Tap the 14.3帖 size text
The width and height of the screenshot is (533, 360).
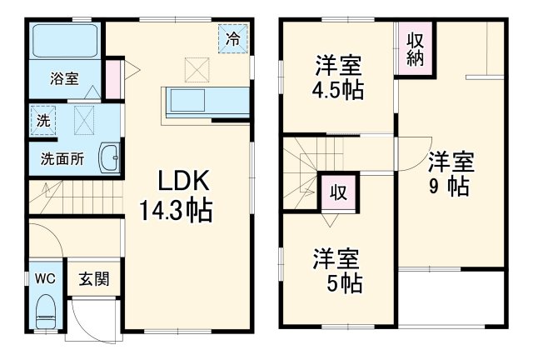(177, 209)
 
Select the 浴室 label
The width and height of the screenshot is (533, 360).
(63, 79)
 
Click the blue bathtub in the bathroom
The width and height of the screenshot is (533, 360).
(65, 42)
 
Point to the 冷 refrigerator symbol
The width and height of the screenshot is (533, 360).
(234, 38)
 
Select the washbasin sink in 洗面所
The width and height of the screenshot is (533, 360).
(110, 156)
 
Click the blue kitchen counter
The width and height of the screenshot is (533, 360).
(208, 102)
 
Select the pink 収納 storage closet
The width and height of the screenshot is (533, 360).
(416, 50)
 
